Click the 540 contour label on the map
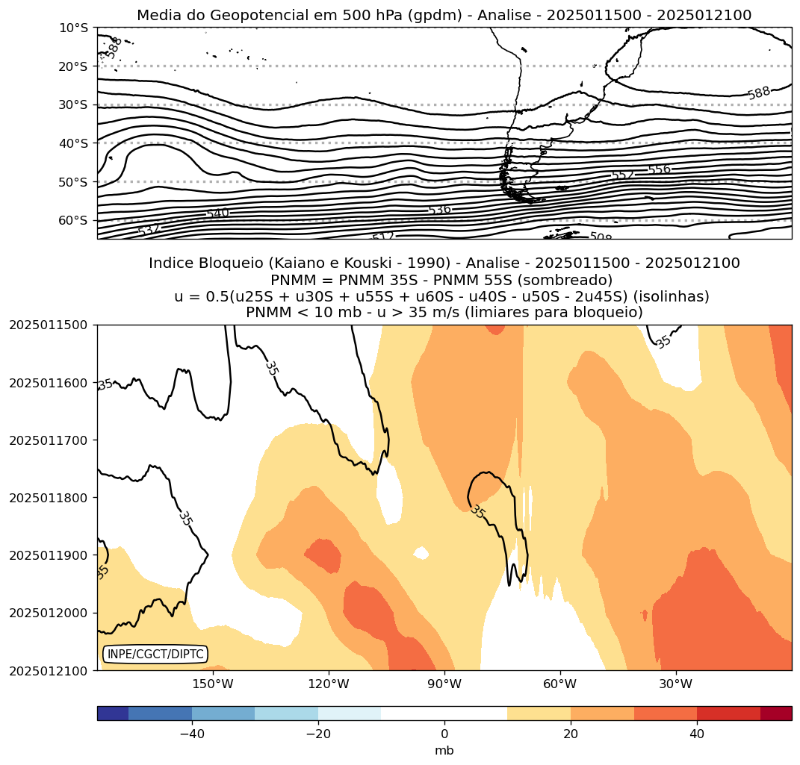point(217,213)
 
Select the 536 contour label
point(440,210)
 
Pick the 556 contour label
point(659,170)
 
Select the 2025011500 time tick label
point(49,325)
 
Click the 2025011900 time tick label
point(49,555)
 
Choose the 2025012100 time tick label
point(49,671)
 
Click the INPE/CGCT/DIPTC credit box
point(155,655)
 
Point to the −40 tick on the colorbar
point(192,734)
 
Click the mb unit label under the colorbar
point(444,751)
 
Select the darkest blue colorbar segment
point(113,714)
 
